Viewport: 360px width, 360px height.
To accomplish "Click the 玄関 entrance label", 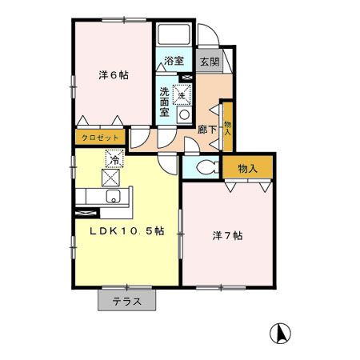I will (209, 61).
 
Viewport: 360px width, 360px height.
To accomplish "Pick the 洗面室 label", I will (165, 102).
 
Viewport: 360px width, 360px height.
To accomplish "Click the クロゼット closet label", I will (98, 138).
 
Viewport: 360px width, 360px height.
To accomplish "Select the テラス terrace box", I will (126, 302).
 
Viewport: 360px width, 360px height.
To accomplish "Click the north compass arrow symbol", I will (282, 331).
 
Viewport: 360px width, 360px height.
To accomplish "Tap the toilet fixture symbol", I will (205, 168).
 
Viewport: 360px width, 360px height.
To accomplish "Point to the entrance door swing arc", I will (206, 37).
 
